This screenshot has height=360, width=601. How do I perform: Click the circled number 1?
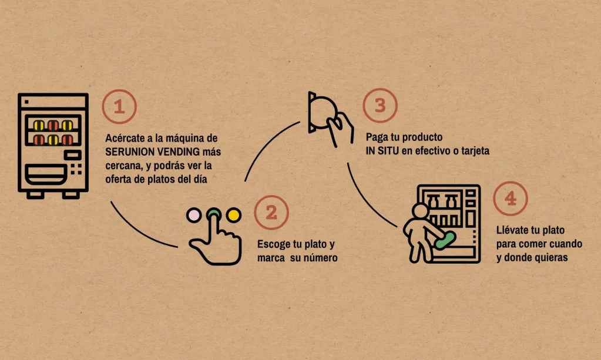(x=119, y=106)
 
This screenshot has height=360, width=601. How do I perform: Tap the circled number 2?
(x=271, y=213)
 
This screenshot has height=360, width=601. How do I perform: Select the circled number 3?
(x=380, y=105)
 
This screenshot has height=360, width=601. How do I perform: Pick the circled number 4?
(x=510, y=198)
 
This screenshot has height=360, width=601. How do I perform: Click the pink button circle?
(x=193, y=215)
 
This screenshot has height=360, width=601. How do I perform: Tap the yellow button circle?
(x=233, y=215)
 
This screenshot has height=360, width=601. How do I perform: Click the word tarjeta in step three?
(x=475, y=151)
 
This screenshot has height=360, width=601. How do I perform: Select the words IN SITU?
(x=382, y=151)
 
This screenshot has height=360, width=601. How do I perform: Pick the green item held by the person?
(x=445, y=240)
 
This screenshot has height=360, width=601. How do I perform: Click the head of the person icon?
(x=420, y=211)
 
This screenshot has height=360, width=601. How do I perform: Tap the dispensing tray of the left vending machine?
(x=45, y=174)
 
